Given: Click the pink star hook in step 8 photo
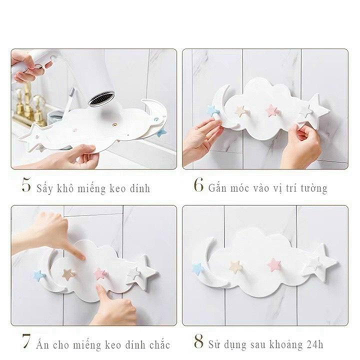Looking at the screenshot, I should (x=274, y=264).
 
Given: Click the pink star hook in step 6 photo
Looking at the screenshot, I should (x=272, y=110).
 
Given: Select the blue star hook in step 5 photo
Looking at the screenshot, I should (x=159, y=132).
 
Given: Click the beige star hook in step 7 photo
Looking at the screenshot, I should (x=67, y=274).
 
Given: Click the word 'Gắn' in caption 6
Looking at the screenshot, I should (x=218, y=188).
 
